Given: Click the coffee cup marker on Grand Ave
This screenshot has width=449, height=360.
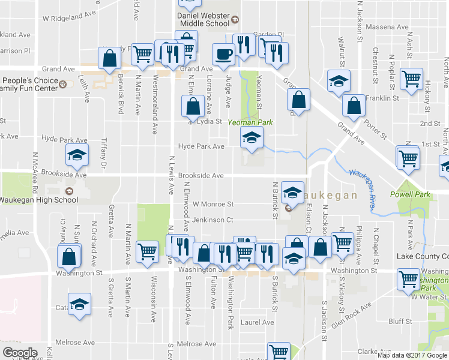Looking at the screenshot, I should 224,54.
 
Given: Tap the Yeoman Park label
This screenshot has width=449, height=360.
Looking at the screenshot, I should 250,122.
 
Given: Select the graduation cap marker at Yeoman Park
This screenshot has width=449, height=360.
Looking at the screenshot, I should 252,138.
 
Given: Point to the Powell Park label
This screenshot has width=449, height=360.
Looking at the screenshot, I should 409,194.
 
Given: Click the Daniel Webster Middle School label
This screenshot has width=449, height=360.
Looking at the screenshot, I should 204,19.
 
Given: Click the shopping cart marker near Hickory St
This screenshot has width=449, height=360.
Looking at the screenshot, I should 412,79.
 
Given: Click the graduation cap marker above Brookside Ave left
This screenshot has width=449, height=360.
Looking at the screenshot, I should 77,155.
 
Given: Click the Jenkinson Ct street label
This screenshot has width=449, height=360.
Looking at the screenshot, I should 212,220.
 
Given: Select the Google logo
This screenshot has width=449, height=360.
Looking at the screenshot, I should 20,353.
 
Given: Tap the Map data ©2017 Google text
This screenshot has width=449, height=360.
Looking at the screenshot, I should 412,355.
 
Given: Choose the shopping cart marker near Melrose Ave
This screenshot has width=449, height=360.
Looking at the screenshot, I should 279,352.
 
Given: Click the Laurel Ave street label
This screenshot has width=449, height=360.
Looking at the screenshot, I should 257,322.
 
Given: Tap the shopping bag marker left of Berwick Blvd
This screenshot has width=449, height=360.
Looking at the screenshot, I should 110,59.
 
